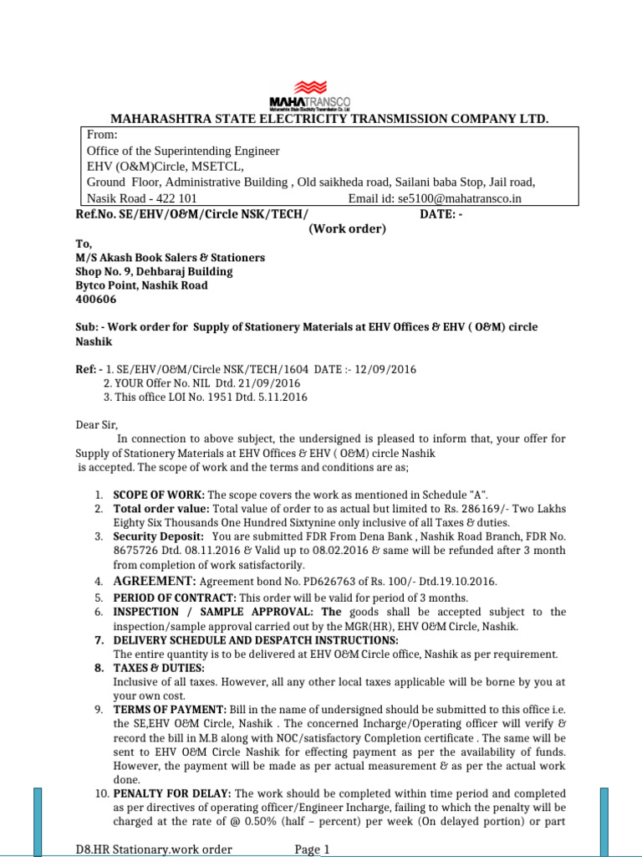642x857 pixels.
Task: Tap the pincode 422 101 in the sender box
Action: [172, 198]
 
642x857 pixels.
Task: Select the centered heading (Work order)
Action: [346, 229]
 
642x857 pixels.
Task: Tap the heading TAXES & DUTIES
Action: [158, 668]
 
